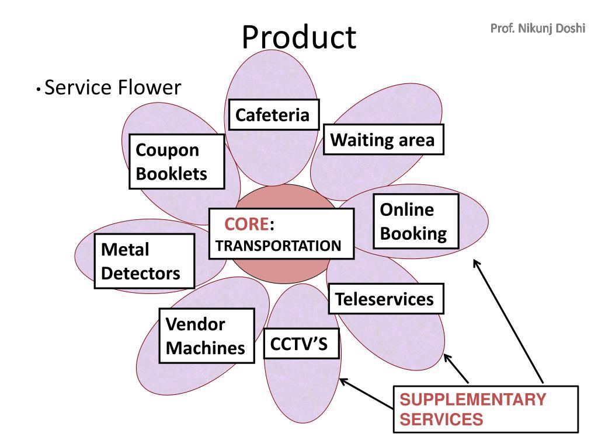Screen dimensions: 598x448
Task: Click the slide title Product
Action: (299, 37)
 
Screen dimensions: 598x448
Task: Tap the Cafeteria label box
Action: (274, 115)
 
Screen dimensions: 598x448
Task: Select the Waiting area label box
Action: (383, 139)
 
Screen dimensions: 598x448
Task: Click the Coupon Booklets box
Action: (176, 162)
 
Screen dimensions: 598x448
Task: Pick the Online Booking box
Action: (416, 221)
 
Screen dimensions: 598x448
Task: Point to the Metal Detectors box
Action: (145, 261)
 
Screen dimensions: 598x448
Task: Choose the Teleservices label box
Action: (386, 299)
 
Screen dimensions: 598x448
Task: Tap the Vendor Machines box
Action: (207, 335)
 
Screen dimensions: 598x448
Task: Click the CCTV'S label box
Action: (301, 343)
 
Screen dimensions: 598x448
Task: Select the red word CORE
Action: (246, 224)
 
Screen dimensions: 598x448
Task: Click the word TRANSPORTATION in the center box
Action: (278, 246)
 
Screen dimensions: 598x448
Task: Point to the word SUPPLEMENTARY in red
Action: (472, 399)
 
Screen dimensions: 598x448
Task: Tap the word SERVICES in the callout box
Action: (441, 419)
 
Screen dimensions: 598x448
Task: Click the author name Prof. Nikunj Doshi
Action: (538, 28)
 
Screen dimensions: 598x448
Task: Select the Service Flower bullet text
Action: (113, 87)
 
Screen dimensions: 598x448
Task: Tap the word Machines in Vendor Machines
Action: (205, 348)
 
